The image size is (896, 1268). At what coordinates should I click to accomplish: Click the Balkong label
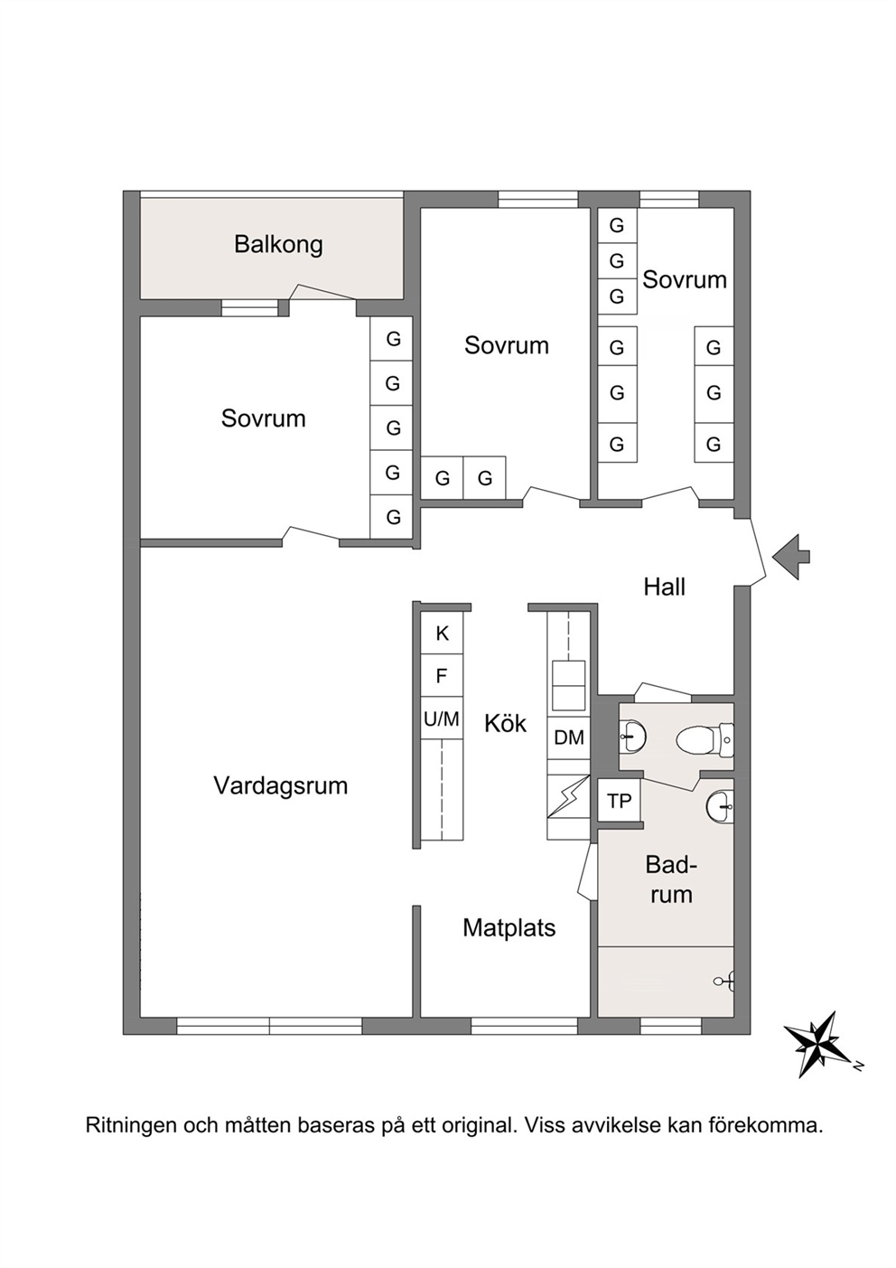278,245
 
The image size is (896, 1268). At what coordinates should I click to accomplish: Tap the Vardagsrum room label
281,785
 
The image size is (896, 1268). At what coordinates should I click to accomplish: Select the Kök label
505,723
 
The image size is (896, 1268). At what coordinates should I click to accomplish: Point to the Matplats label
509,928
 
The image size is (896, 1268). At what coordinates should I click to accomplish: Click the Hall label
664,587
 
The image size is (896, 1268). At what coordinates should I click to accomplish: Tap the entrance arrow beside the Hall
791,557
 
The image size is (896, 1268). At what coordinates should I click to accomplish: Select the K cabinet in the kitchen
442,633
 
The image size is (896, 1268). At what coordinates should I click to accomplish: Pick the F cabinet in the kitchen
442,675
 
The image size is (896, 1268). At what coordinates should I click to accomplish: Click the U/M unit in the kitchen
442,718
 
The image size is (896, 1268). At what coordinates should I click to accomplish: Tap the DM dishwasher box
568,737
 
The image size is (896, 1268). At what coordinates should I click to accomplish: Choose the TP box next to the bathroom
620,800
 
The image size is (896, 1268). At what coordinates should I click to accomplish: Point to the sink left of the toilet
632,737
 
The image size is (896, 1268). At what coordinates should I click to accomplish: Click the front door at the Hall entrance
757,553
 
